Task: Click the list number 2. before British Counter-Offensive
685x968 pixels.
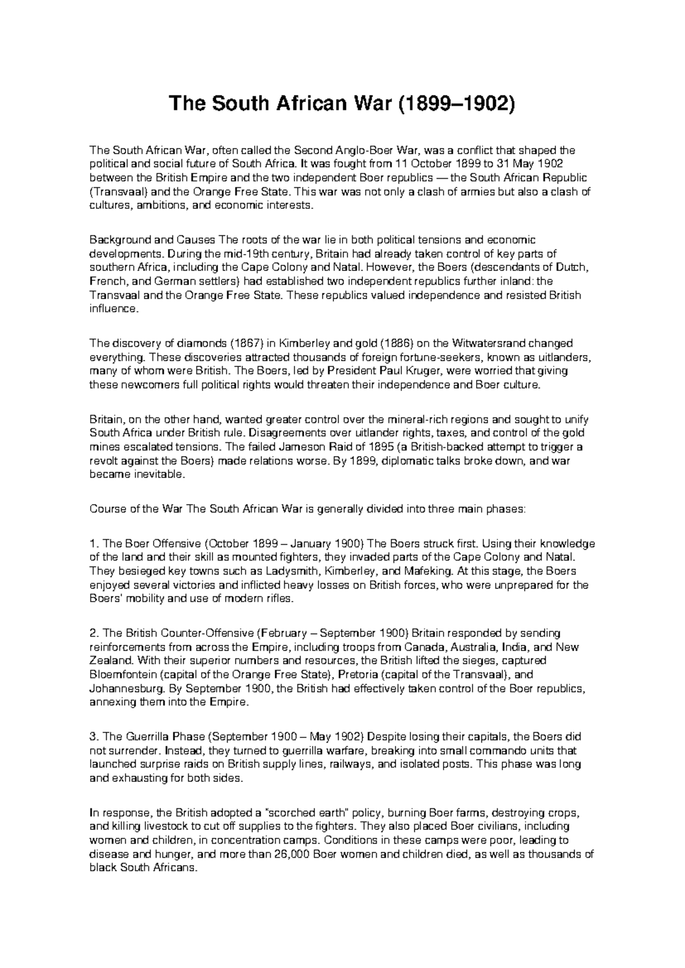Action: click(94, 634)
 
